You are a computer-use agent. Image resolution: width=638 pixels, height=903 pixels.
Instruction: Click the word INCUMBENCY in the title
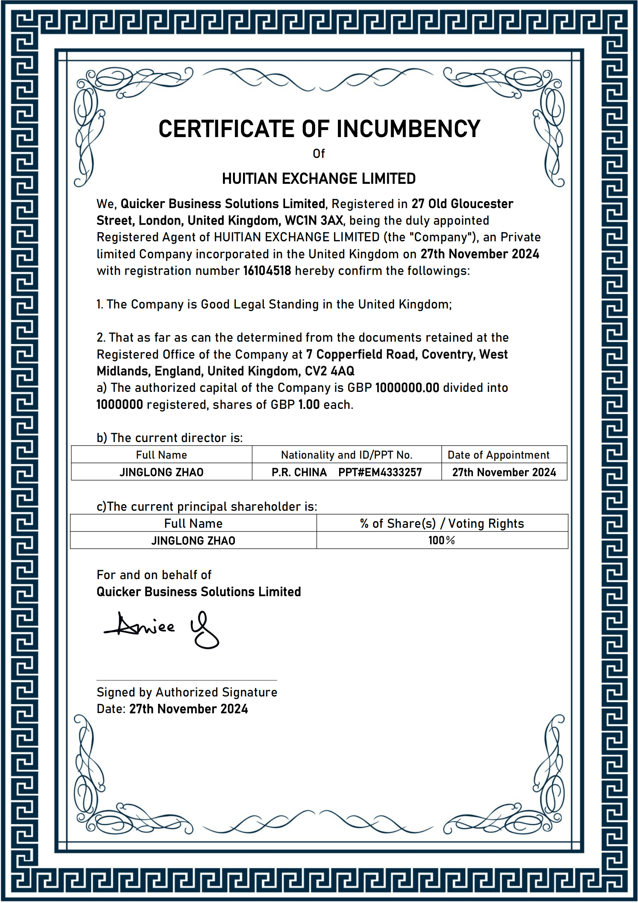point(408,129)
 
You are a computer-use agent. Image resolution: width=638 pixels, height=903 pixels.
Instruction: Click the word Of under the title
point(319,154)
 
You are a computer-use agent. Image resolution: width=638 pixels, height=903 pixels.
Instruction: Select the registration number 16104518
point(267,271)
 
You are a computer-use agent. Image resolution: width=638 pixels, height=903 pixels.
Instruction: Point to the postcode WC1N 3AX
point(314,221)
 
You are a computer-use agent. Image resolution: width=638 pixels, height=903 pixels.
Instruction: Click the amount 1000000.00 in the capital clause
point(407,388)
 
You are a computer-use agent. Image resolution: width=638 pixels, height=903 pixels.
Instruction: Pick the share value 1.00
point(309,405)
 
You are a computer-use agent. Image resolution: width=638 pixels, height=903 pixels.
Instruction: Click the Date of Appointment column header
point(498,455)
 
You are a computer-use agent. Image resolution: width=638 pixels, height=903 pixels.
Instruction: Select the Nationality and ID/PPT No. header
point(346,455)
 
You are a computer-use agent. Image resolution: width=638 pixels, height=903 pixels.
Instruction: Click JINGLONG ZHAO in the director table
point(162,472)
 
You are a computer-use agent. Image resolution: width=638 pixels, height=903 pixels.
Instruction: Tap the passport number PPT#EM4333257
point(380,472)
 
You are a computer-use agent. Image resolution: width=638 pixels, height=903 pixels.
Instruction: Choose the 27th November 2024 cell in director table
point(504,472)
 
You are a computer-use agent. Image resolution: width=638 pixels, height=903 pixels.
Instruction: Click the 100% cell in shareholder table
point(442,540)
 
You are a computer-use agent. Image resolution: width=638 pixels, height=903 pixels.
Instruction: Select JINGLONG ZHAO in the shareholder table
point(193,541)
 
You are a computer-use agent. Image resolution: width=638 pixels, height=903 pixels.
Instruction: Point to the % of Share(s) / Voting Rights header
point(442,524)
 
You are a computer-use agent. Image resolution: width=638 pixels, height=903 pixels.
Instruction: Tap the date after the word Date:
point(189,709)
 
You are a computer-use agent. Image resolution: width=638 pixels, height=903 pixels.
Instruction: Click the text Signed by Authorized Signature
point(187,692)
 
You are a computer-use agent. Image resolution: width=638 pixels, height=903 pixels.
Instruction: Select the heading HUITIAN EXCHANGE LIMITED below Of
point(319,179)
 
